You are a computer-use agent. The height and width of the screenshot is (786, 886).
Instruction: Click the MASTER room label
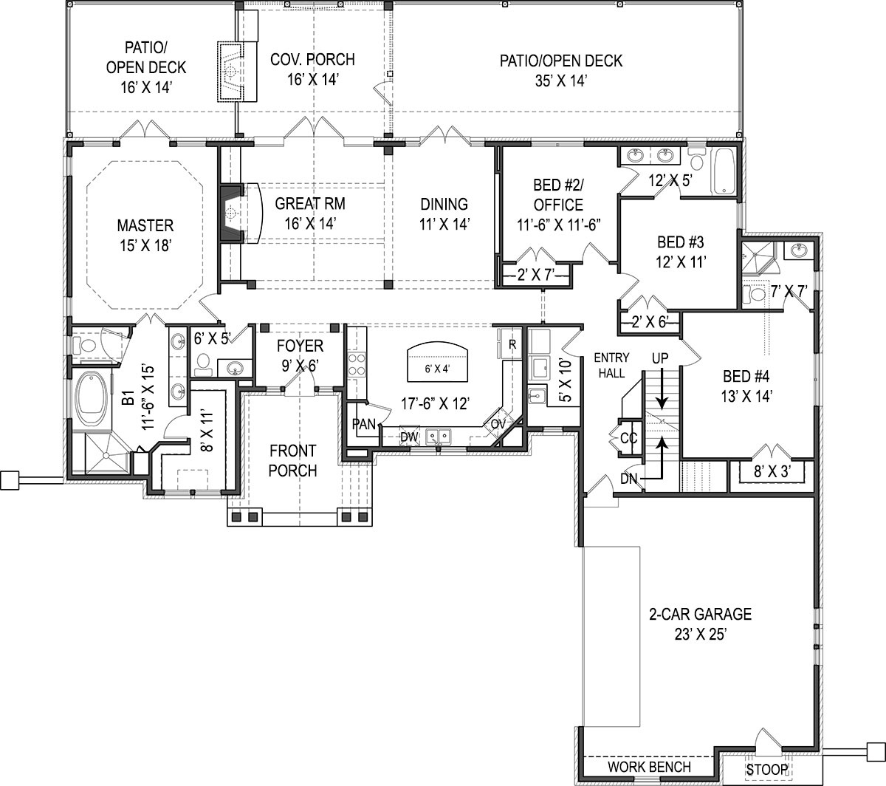[x=145, y=225]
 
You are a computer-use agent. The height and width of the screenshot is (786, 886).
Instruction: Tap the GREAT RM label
[x=310, y=204]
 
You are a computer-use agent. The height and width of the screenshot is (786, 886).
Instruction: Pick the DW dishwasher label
[x=410, y=437]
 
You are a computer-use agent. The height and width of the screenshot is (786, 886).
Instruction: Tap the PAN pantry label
[x=364, y=423]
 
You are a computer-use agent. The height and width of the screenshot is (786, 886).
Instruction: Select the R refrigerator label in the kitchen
[x=512, y=344]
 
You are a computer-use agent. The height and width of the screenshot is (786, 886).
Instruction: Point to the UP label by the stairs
[x=659, y=358]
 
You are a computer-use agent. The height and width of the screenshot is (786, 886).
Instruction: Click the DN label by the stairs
[x=628, y=479]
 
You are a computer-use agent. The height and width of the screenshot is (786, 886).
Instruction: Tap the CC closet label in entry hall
[x=628, y=438]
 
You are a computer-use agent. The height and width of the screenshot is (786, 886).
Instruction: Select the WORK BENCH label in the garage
[x=650, y=768]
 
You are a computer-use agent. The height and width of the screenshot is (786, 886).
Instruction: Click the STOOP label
[x=766, y=770]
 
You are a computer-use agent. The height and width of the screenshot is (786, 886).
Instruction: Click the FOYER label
[x=300, y=346]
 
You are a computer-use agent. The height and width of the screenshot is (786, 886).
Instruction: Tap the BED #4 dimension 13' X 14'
[x=746, y=396]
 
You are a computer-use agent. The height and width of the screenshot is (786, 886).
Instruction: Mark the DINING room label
[x=444, y=204]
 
